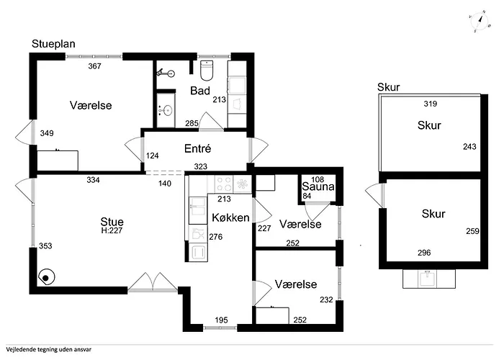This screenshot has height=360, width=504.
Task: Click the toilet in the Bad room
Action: [x=207, y=70]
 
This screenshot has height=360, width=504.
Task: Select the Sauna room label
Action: [x=318, y=186]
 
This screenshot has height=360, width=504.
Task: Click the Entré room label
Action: [x=198, y=148]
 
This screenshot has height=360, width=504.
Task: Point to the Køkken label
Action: [x=230, y=217]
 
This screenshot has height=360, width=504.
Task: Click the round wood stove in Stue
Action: [x=46, y=277]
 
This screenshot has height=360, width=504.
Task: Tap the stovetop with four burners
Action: [x=224, y=184]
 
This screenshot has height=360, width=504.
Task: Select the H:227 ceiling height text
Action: [x=112, y=230]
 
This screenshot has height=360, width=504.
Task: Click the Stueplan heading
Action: [x=53, y=44]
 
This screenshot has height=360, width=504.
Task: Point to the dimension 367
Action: [x=95, y=66]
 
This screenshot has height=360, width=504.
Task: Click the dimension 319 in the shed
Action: [x=431, y=104]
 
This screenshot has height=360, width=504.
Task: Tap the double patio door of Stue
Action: [x=153, y=282]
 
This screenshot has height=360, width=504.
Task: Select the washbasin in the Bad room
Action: [x=166, y=111]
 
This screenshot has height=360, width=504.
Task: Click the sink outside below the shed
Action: [x=429, y=279]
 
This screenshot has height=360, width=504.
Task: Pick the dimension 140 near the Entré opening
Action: [x=165, y=184]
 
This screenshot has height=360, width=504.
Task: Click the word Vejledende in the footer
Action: [x=20, y=349]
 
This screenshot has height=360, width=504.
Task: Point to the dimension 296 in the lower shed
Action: [x=424, y=253]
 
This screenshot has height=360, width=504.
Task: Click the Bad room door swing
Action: [x=211, y=121]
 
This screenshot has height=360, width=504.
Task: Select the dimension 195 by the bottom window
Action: [x=222, y=320]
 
